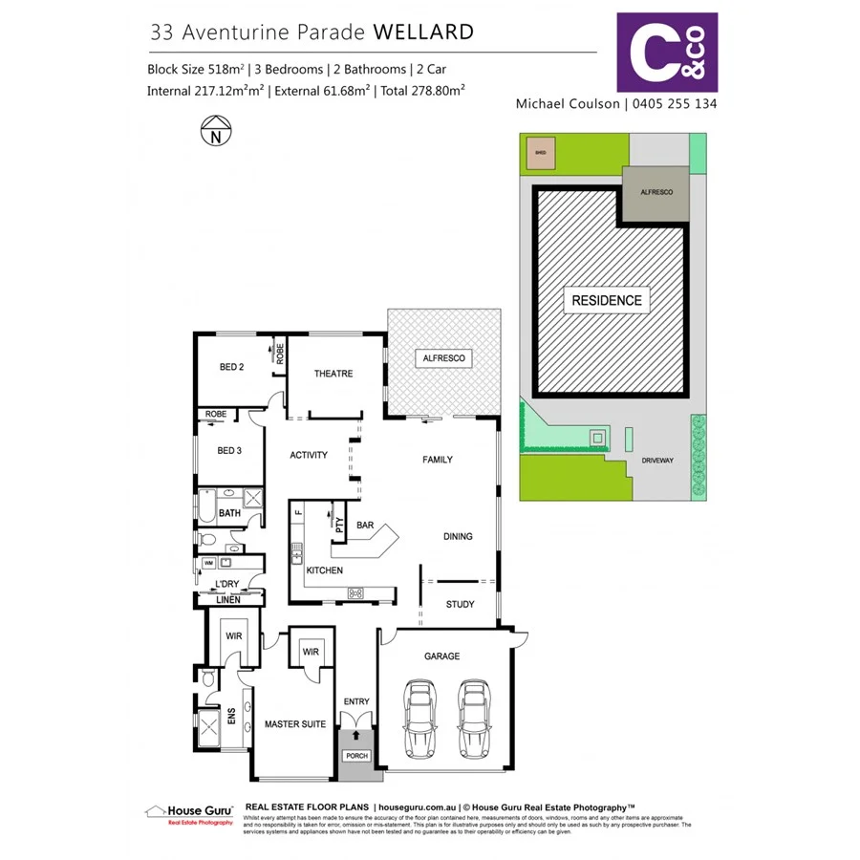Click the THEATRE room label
333,374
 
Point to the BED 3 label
230,450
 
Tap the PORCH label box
356,756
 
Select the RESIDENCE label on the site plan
607,300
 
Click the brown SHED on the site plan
541,153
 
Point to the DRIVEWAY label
657,460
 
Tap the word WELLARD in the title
422,32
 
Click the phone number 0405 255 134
673,103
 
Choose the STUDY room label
460,604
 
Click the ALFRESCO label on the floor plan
443,357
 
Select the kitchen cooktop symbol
355,593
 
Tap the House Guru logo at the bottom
188,812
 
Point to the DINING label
458,536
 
